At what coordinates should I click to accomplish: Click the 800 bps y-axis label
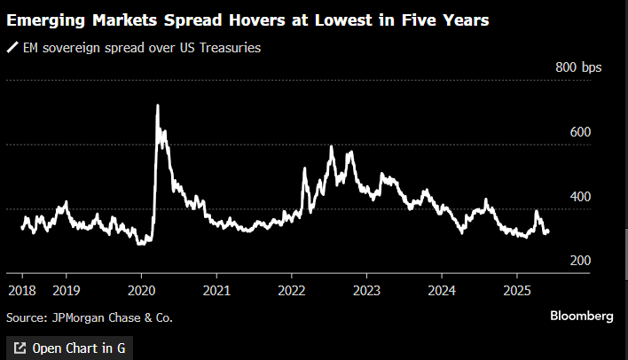tap(578, 67)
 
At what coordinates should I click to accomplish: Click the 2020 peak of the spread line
tap(158, 106)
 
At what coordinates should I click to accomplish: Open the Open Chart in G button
tap(68, 348)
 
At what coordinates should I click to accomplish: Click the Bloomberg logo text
tap(581, 316)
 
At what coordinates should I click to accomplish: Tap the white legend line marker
tap(12, 49)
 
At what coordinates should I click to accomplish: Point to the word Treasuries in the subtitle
tap(230, 49)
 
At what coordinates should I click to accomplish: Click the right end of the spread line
tap(548, 232)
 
